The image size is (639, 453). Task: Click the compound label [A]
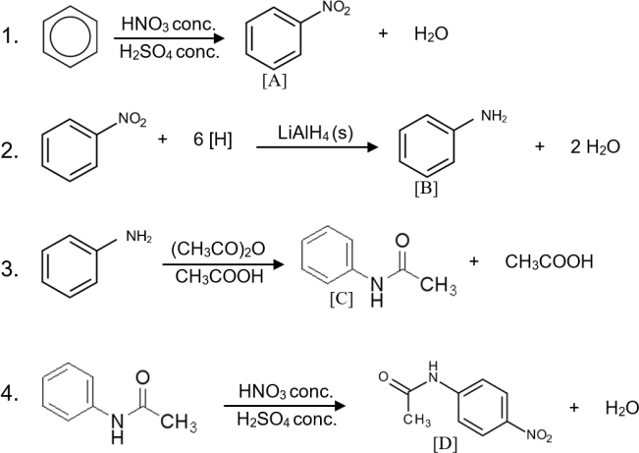(x=274, y=82)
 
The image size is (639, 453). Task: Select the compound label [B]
(x=426, y=189)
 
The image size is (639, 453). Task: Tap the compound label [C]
(x=342, y=299)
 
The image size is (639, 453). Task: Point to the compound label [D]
(x=445, y=444)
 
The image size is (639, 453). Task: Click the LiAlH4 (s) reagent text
(x=315, y=133)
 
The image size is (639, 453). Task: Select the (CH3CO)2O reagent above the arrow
(x=218, y=249)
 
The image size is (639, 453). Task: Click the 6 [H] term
(x=213, y=140)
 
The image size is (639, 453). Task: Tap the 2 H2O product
(x=595, y=147)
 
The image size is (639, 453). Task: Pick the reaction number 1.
(x=10, y=36)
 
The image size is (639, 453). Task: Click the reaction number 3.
(x=10, y=270)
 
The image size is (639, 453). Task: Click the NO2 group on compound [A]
(x=337, y=8)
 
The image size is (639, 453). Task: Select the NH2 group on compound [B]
(x=494, y=116)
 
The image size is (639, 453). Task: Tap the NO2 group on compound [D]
(x=539, y=435)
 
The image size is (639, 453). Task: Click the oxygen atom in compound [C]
(x=402, y=241)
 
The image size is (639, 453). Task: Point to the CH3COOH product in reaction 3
(x=549, y=261)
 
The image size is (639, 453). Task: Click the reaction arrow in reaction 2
(x=317, y=147)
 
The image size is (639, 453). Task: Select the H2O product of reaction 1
(x=431, y=33)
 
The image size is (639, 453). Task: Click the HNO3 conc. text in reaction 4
(x=286, y=391)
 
